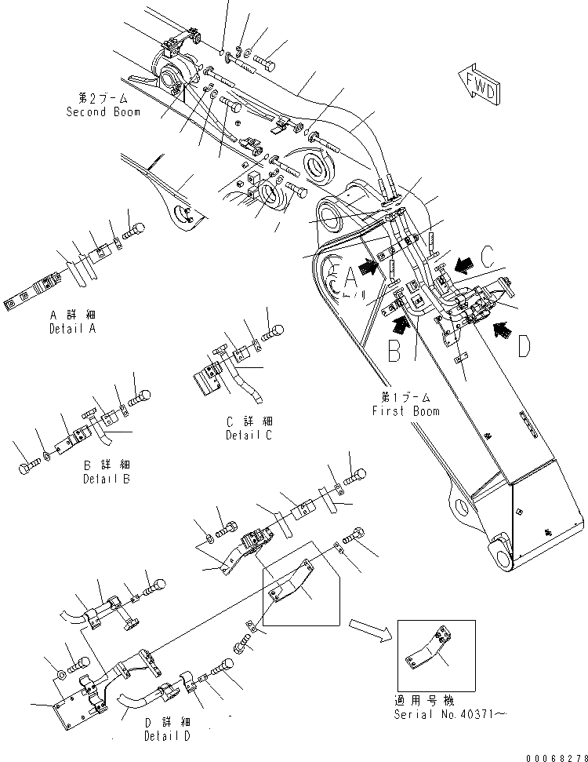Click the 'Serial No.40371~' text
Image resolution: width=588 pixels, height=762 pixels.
434,714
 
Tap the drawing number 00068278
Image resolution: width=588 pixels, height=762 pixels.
552,754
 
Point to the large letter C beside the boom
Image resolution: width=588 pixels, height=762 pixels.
487,257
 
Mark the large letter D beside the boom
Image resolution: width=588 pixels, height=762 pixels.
524,345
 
